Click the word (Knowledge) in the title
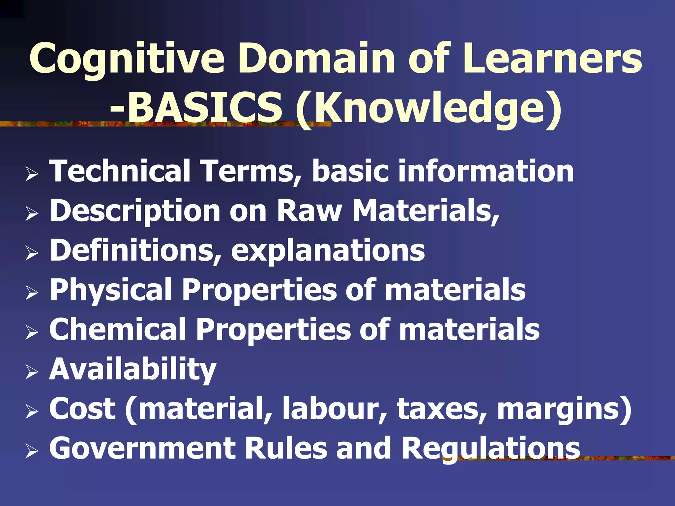(x=428, y=109)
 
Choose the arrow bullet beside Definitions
(x=32, y=253)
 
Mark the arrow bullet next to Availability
(x=32, y=372)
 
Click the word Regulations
(x=491, y=449)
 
